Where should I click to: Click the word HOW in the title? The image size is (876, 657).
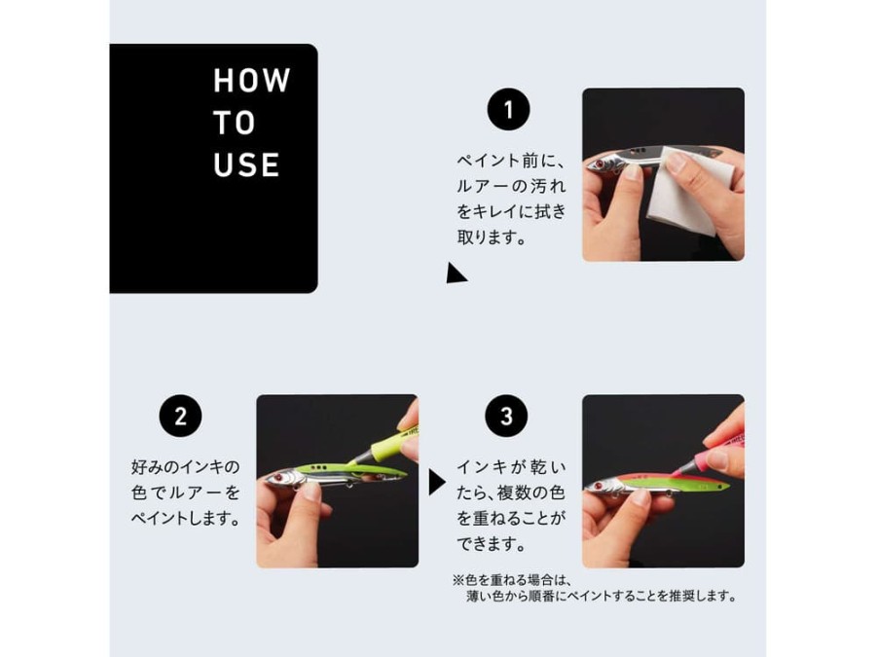pos(252,80)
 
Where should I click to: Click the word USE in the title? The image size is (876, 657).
pos(246,164)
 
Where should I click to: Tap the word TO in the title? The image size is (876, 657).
pos(234,123)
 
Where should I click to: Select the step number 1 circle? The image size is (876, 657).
pos(508,109)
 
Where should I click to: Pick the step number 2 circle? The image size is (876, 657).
pos(180,417)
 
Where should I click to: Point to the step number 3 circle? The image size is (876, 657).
pos(506,417)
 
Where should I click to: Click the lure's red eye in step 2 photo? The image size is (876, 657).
pos(277,478)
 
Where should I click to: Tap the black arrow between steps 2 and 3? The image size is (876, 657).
pos(437,482)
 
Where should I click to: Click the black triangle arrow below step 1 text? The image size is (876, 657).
pos(456,274)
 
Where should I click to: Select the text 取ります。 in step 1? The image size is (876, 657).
pos(493,237)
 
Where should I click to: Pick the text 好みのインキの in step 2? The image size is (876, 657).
pos(186,466)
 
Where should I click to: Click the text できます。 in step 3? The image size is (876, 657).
pos(493,543)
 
